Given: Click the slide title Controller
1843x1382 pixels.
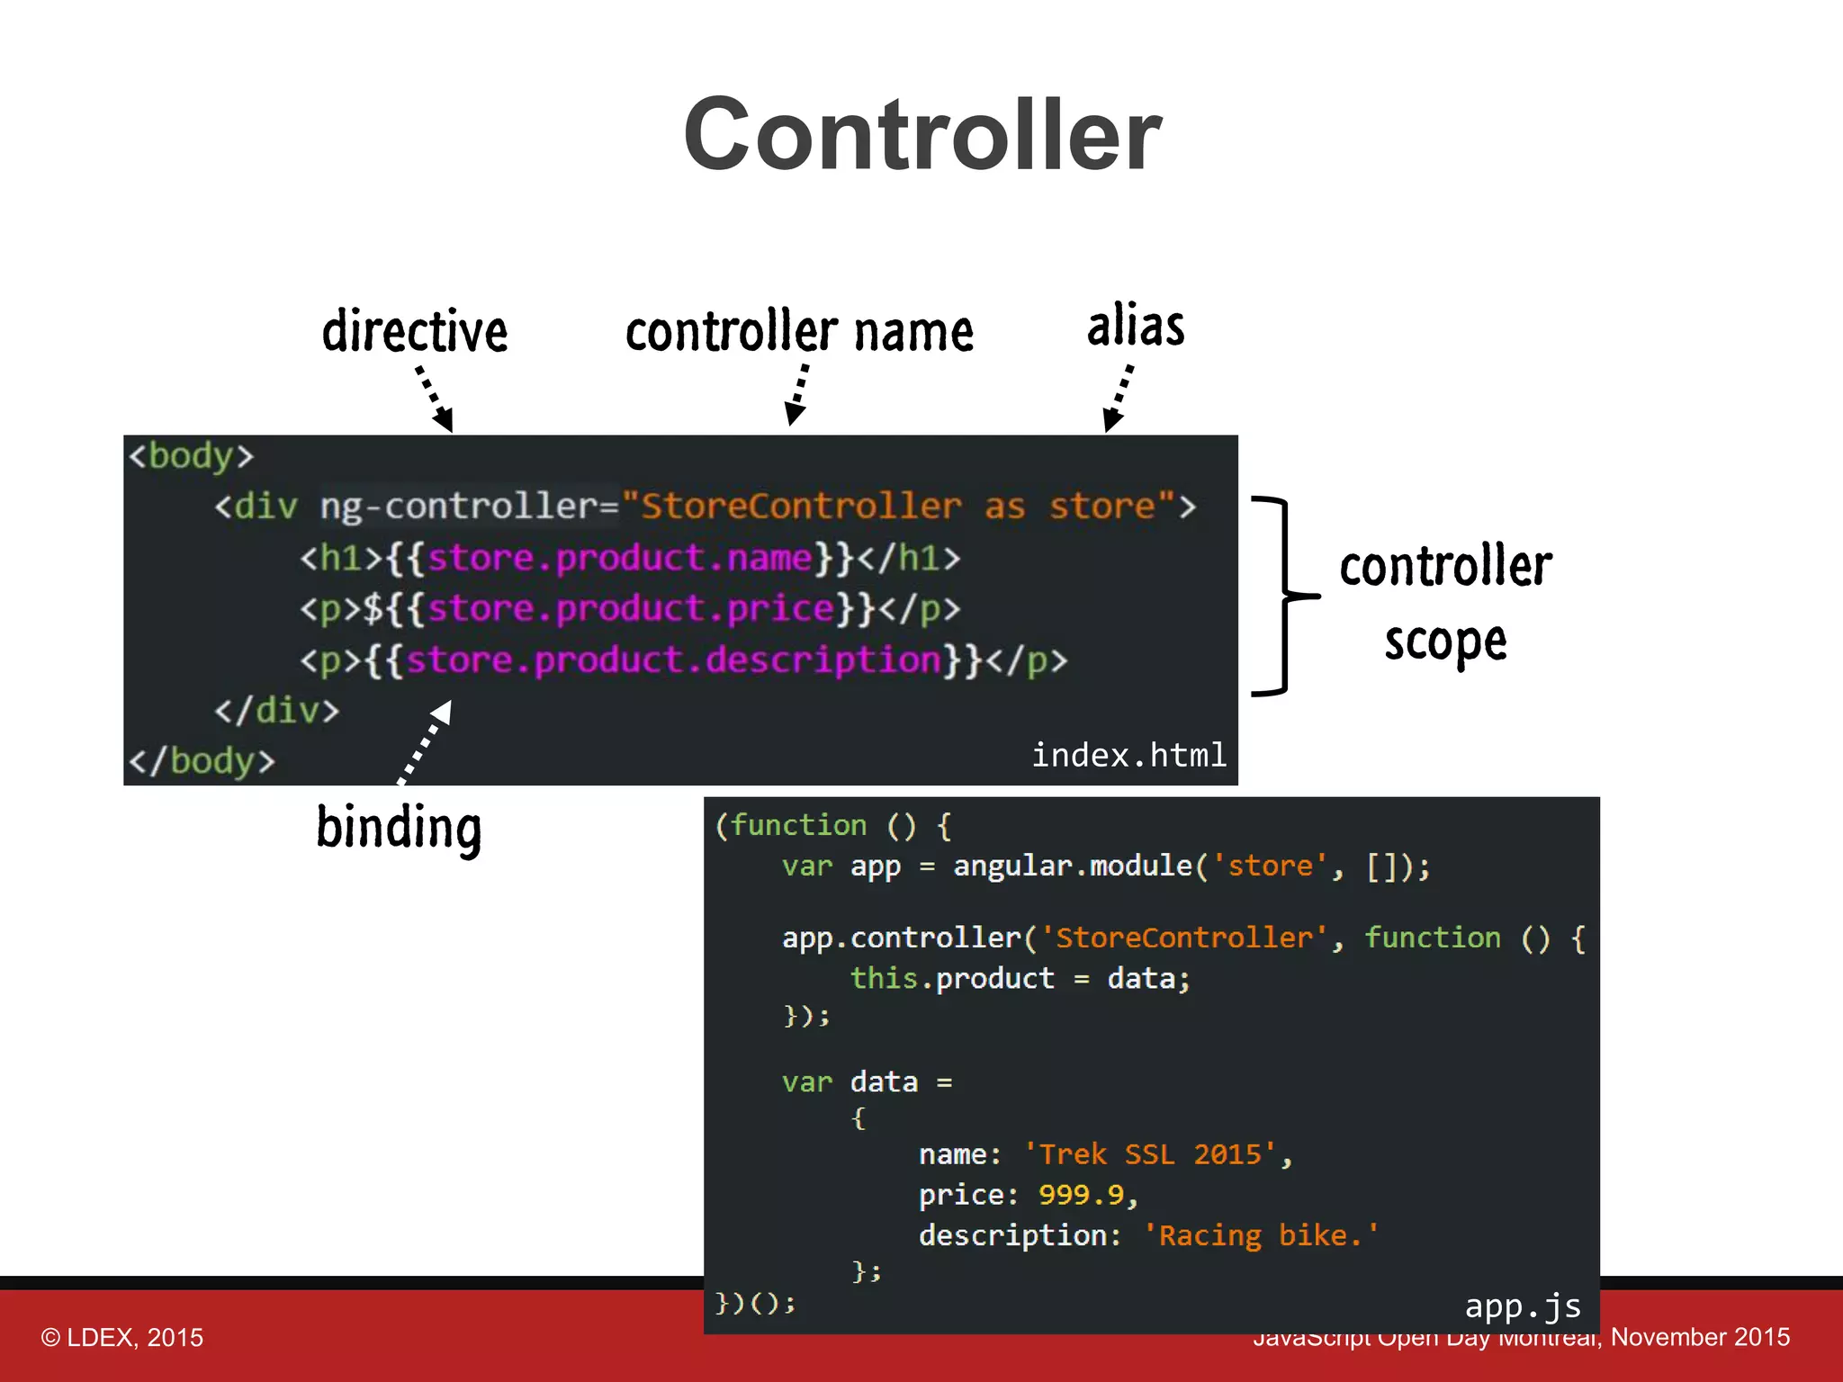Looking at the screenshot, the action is pyautogui.click(x=922, y=135).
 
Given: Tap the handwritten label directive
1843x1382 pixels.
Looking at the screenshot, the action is pyautogui.click(x=415, y=331).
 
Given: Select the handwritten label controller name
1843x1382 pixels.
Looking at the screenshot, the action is pyautogui.click(x=799, y=331).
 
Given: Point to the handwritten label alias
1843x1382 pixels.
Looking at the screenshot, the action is pyautogui.click(x=1136, y=325).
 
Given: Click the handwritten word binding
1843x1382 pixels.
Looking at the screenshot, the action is pyautogui.click(x=400, y=828).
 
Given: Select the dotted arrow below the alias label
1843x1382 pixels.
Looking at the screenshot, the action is pyautogui.click(x=1119, y=397).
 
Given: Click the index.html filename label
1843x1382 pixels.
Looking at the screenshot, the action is pyautogui.click(x=1128, y=755).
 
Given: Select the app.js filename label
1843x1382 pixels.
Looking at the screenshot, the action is pyautogui.click(x=1522, y=1306).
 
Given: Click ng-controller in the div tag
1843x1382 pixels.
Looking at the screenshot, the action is pyautogui.click(x=469, y=507).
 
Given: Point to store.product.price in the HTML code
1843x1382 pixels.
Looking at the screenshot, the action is pyautogui.click(x=630, y=609).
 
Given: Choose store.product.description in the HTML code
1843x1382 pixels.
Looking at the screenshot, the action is pyautogui.click(x=673, y=660).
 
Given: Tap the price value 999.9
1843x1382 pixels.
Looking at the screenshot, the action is pyautogui.click(x=1081, y=1194).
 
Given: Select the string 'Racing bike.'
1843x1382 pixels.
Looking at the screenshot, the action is pyautogui.click(x=1260, y=1235).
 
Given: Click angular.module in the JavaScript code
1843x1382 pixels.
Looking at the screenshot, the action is pyautogui.click(x=1073, y=866).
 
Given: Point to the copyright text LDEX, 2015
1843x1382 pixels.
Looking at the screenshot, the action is pyautogui.click(x=122, y=1337).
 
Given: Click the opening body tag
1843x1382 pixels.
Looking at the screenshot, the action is pyautogui.click(x=191, y=456).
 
